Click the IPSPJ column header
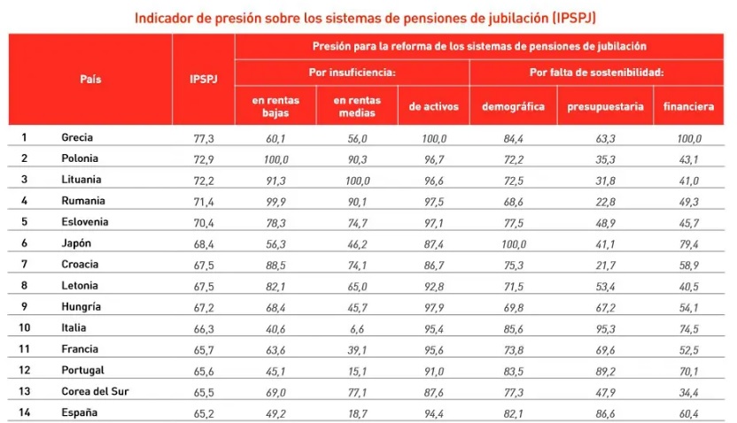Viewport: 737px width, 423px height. click(x=203, y=79)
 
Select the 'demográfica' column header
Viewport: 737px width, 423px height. click(x=513, y=106)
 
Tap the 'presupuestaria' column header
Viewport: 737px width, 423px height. click(x=606, y=106)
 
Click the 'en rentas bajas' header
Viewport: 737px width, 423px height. click(x=275, y=106)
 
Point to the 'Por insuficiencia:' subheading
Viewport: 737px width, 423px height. click(x=352, y=72)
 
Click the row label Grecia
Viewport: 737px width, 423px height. click(x=77, y=137)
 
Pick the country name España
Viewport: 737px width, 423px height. click(x=78, y=412)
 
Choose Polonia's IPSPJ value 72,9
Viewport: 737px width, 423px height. click(x=204, y=159)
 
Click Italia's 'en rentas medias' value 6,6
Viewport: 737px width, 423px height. click(x=357, y=328)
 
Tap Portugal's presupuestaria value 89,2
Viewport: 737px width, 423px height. click(x=606, y=371)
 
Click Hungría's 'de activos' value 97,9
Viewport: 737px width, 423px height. click(x=432, y=307)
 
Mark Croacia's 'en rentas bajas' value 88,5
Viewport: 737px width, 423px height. click(x=275, y=265)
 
